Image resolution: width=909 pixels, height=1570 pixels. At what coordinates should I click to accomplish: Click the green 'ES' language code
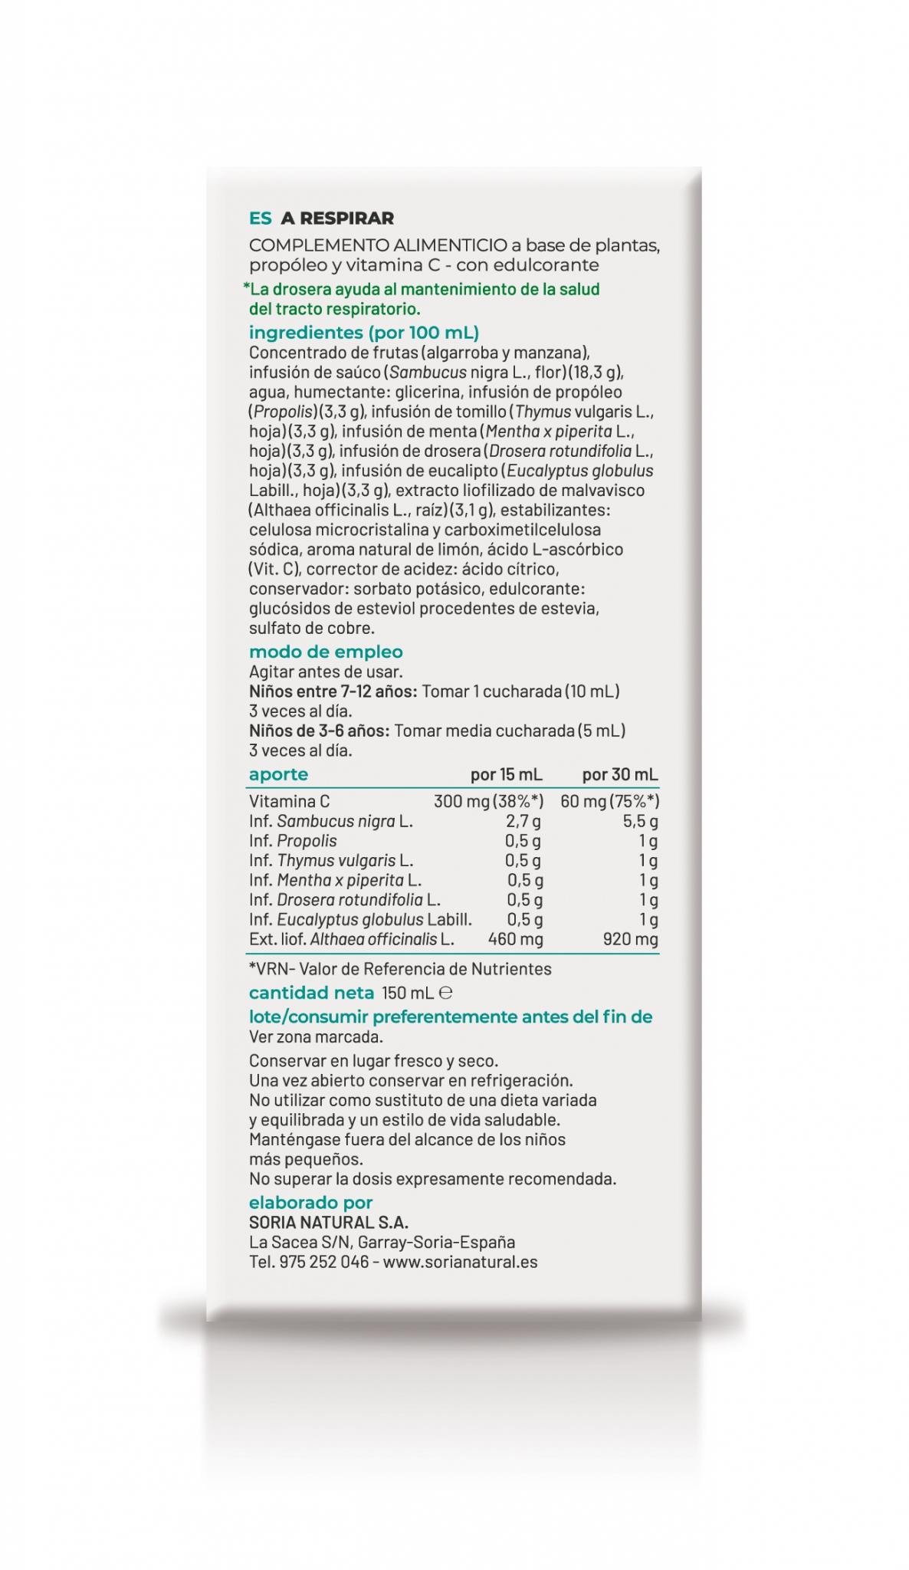[260, 218]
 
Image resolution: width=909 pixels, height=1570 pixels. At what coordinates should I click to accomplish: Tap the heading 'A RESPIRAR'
[337, 218]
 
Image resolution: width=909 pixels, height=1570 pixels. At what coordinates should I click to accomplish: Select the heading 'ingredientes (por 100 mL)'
[363, 333]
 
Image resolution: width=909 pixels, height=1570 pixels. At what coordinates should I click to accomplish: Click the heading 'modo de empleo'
[326, 652]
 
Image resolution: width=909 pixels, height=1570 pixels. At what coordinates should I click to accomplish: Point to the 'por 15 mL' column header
[506, 774]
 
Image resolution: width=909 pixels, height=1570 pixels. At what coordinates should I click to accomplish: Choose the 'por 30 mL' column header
[619, 774]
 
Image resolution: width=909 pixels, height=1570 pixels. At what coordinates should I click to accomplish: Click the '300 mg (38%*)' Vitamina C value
[488, 801]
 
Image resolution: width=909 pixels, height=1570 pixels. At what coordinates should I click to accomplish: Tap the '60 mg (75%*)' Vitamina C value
[609, 801]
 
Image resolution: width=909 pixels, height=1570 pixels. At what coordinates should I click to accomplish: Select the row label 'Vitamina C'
[289, 801]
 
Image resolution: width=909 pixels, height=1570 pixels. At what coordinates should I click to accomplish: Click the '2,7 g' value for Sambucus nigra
[523, 821]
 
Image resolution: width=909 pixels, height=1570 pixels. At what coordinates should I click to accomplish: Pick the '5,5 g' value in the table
[640, 821]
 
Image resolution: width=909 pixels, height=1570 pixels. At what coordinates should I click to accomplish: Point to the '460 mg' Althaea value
[515, 939]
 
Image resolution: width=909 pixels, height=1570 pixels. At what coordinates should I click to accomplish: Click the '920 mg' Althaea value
[630, 939]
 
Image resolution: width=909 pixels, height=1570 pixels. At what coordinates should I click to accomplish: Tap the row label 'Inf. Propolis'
[293, 841]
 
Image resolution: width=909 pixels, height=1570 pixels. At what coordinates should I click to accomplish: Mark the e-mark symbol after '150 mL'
[446, 993]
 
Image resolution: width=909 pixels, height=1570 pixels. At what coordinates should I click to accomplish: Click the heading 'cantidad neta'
[311, 993]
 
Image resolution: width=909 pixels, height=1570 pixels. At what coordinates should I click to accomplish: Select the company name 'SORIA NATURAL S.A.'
[329, 1223]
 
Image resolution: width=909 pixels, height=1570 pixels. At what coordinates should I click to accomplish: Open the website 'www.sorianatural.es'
[460, 1262]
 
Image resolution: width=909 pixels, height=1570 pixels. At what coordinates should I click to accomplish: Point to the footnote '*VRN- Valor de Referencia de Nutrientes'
[400, 969]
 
